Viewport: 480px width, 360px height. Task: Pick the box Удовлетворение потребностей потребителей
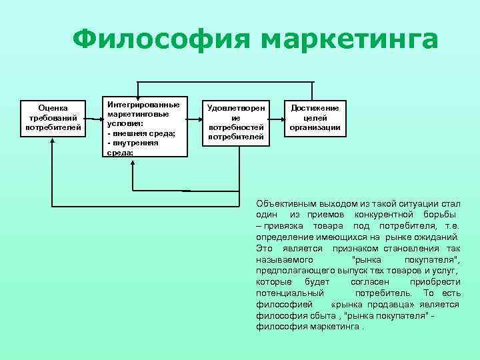[x=235, y=123]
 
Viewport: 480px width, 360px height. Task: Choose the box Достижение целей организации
[x=315, y=117]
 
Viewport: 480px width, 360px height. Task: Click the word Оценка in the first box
[x=53, y=107]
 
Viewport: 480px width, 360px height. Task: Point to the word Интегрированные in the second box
[x=143, y=105]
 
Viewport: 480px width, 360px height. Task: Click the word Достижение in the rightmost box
[x=315, y=108]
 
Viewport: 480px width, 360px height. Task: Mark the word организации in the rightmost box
[x=315, y=127]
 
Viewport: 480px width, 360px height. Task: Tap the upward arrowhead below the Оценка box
[x=52, y=141]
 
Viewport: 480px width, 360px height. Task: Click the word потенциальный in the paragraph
[x=290, y=293]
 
